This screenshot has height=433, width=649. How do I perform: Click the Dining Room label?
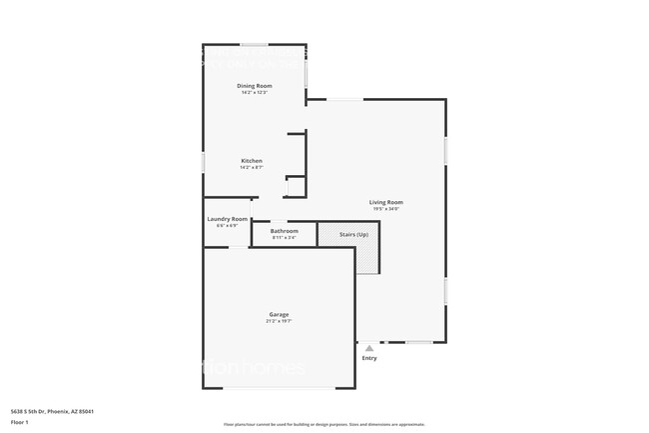pyautogui.click(x=255, y=86)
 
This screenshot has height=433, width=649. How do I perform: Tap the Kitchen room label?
pyautogui.click(x=252, y=161)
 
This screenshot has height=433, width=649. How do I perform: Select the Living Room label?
pyautogui.click(x=387, y=202)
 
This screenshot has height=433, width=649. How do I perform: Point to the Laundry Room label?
pyautogui.click(x=228, y=219)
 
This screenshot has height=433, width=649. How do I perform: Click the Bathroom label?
pyautogui.click(x=284, y=231)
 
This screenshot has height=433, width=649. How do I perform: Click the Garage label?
pyautogui.click(x=278, y=314)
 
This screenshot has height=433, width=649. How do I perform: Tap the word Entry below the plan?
pyautogui.click(x=369, y=358)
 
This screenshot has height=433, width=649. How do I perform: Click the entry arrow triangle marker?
pyautogui.click(x=369, y=347)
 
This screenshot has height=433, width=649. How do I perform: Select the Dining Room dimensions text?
pyautogui.click(x=255, y=93)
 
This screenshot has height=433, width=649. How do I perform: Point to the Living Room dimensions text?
pyautogui.click(x=386, y=209)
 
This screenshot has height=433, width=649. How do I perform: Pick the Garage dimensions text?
pyautogui.click(x=278, y=321)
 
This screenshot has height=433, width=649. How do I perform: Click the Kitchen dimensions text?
pyautogui.click(x=252, y=168)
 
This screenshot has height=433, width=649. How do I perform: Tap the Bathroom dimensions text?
pyautogui.click(x=284, y=238)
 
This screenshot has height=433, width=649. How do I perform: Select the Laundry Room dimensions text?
pyautogui.click(x=227, y=226)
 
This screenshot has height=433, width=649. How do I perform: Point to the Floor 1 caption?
pyautogui.click(x=20, y=422)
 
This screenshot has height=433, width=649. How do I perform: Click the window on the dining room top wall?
pyautogui.click(x=254, y=44)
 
